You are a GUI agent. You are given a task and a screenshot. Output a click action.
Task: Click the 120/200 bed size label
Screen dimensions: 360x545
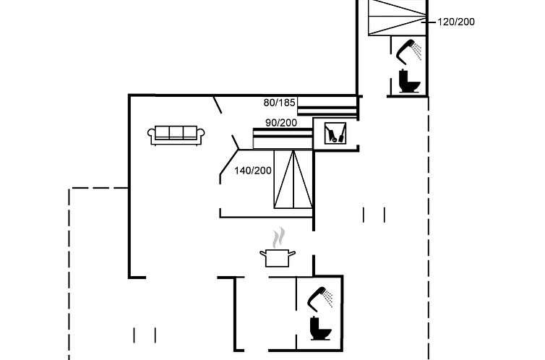click(x=456, y=22)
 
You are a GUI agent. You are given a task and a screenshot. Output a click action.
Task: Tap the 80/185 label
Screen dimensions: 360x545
click(x=280, y=103)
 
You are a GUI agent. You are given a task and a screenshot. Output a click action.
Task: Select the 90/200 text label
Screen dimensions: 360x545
click(x=282, y=122)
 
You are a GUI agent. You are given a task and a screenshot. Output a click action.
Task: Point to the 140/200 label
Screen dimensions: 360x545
click(x=252, y=171)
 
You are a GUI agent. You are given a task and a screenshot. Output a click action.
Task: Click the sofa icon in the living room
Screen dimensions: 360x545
click(x=176, y=134)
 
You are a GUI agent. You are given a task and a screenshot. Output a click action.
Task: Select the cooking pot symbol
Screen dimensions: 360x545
click(x=278, y=257)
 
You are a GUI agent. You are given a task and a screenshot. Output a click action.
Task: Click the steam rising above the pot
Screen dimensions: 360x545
click(x=278, y=236)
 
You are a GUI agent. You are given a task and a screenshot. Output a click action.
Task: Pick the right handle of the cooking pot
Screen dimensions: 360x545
click(x=292, y=253)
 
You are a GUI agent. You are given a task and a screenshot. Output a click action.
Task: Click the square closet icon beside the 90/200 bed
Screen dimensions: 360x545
click(x=334, y=133)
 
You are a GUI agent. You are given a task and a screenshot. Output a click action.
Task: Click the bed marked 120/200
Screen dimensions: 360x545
click(x=398, y=16)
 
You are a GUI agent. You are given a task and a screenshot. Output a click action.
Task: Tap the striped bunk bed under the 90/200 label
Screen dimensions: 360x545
click(x=282, y=137)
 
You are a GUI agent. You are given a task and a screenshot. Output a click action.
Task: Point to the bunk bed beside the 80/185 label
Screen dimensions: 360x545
click(x=327, y=106)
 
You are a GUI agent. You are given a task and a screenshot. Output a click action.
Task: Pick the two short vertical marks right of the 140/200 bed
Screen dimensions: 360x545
click(x=374, y=215)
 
